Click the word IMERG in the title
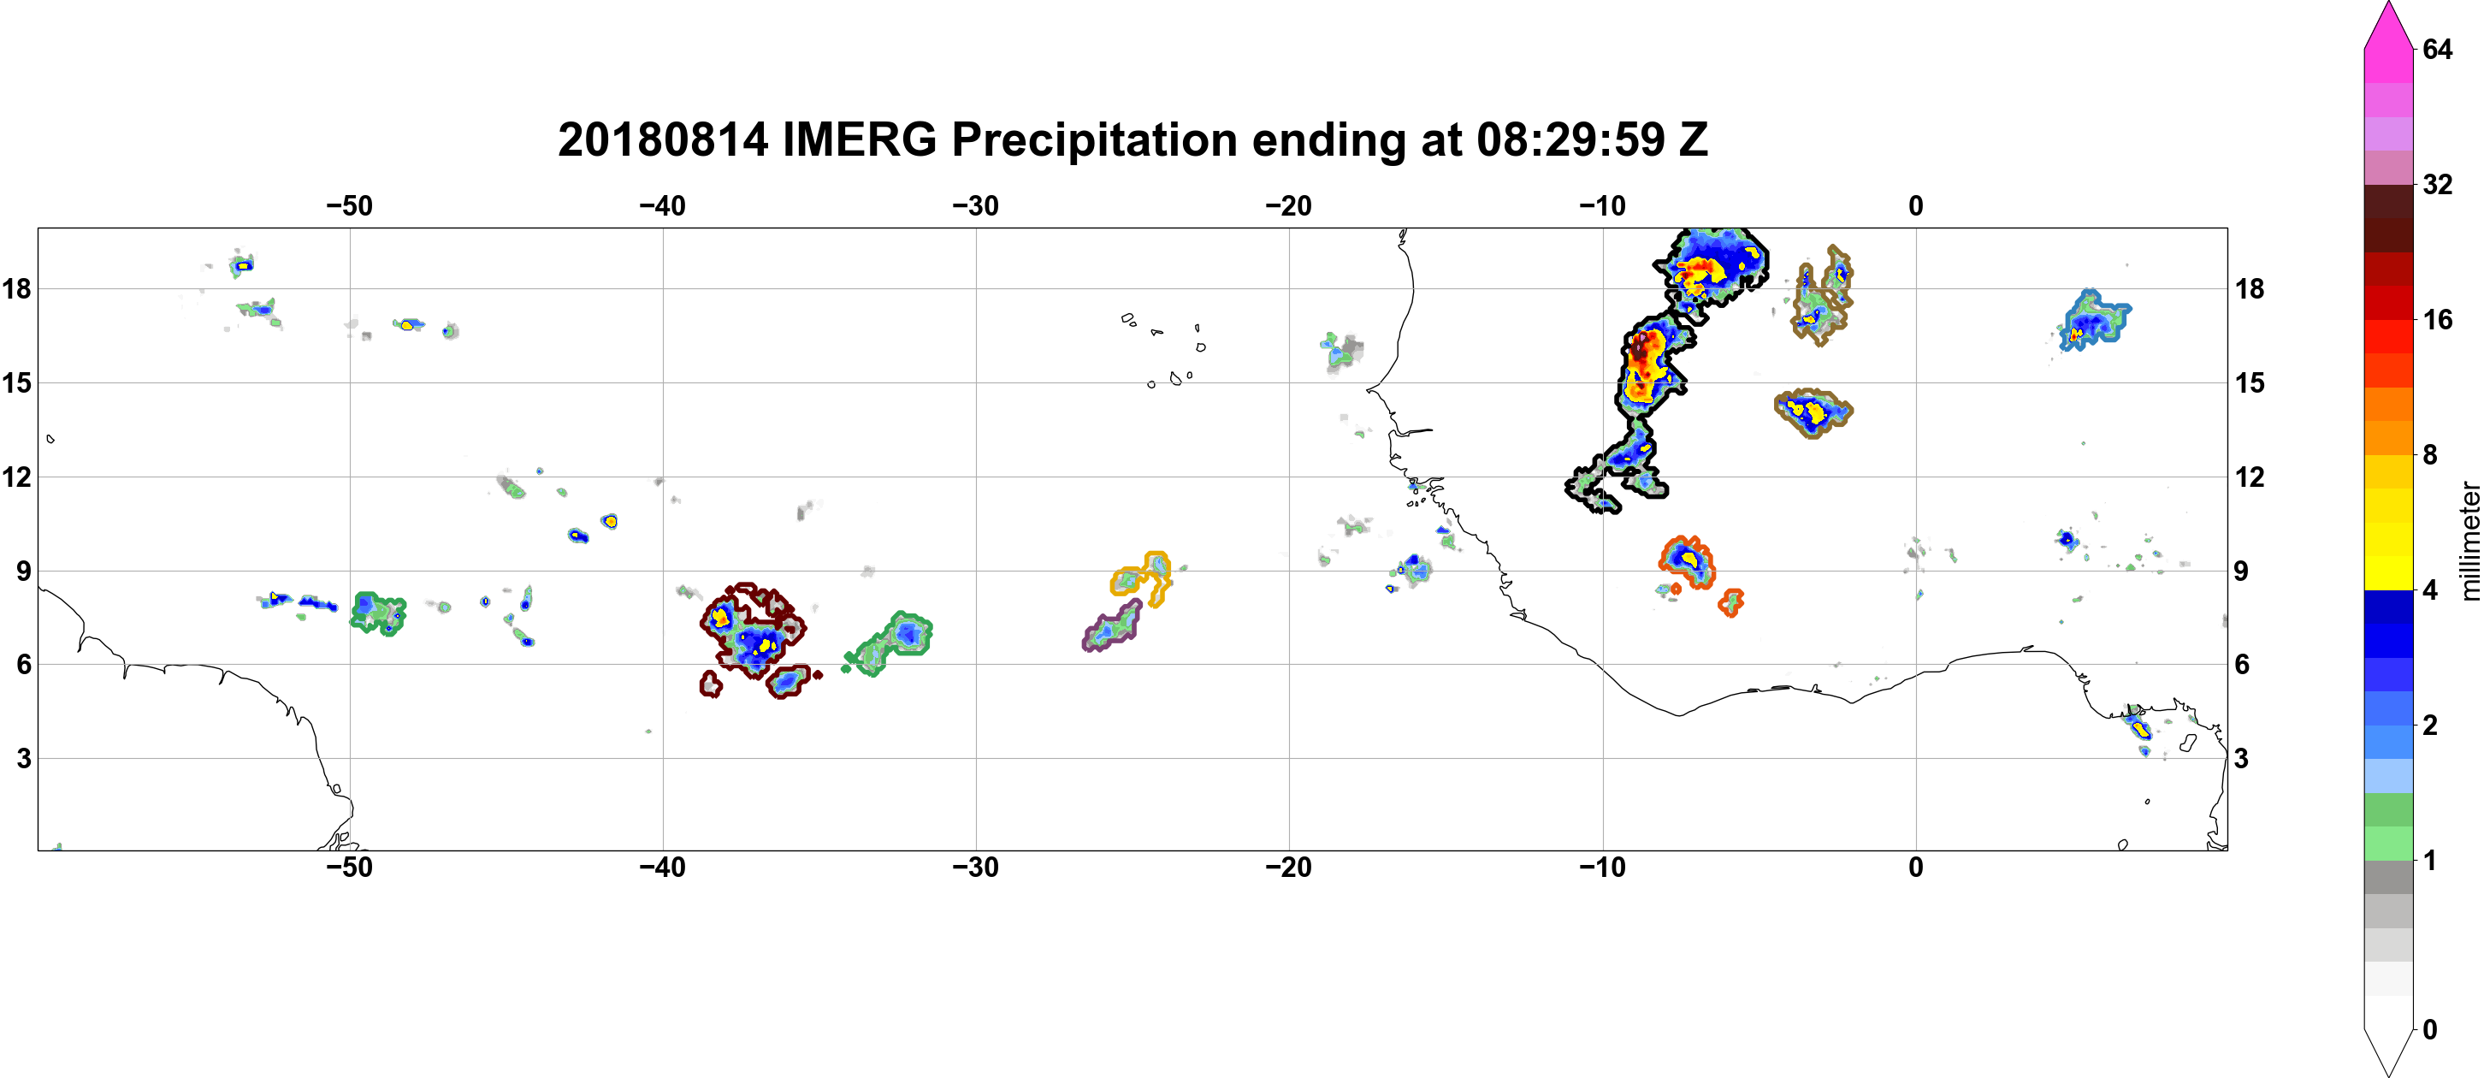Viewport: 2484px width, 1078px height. click(x=859, y=141)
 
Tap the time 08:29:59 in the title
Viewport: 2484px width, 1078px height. click(x=1569, y=141)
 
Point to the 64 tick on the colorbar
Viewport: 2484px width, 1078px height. click(x=2437, y=49)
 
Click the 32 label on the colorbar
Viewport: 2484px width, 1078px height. click(x=2437, y=184)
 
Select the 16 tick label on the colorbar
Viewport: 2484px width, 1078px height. click(x=2437, y=320)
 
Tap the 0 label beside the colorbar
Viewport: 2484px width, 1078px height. click(x=2430, y=1030)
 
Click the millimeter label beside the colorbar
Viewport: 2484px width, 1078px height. click(x=2469, y=541)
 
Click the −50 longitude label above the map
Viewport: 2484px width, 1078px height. click(x=349, y=206)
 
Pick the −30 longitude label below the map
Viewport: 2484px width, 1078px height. click(x=976, y=868)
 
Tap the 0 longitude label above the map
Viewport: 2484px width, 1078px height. click(x=1916, y=206)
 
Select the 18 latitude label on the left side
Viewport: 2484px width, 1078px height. click(x=16, y=288)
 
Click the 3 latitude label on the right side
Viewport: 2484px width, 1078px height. click(x=2241, y=759)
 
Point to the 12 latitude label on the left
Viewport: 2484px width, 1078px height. click(x=16, y=477)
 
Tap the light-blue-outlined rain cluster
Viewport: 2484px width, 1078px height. click(x=2097, y=319)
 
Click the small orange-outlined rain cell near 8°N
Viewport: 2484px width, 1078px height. click(x=1731, y=602)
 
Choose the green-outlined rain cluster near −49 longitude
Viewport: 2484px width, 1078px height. click(x=378, y=613)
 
